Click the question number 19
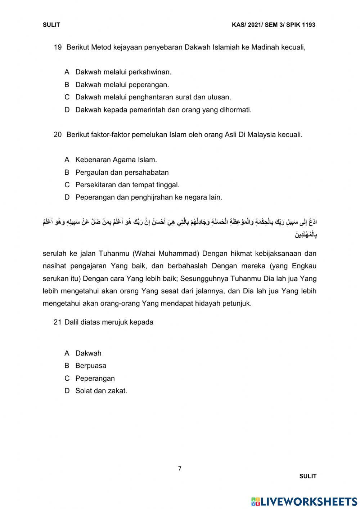tap(58, 47)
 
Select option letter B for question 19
tap(67, 85)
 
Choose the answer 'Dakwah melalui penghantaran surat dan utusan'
tap(153, 97)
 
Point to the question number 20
tap(58, 135)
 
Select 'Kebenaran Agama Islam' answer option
tap(116, 160)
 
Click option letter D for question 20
tap(67, 197)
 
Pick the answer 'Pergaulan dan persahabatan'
tap(122, 172)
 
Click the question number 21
tap(58, 322)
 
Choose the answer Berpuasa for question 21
tap(91, 366)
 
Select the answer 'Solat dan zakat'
tap(101, 391)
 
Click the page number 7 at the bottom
tap(180, 469)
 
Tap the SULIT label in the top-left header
tap(51, 25)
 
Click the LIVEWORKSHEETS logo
tap(304, 501)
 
